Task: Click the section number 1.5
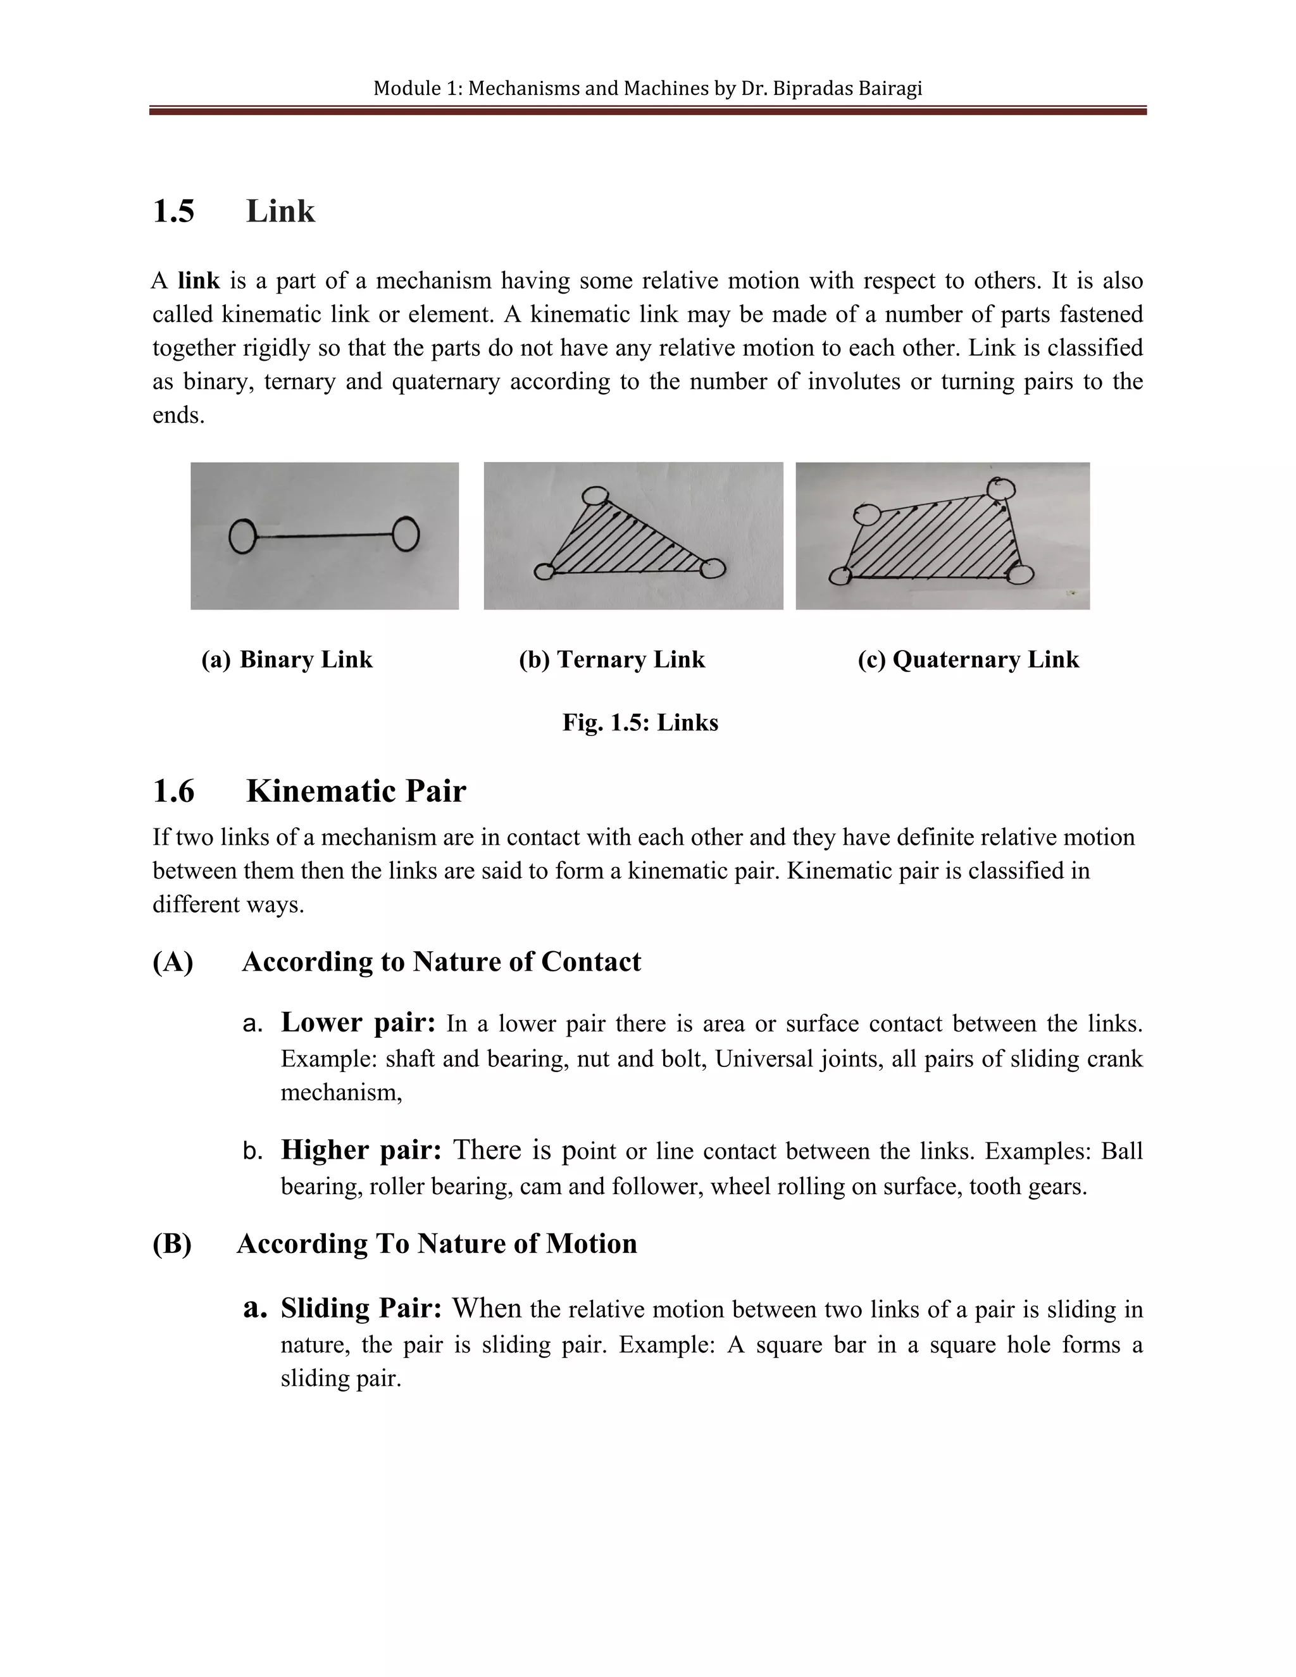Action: (173, 211)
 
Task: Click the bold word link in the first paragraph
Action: (199, 281)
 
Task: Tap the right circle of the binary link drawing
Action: (406, 533)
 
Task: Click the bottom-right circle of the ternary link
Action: (713, 569)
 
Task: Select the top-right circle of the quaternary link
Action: (1001, 487)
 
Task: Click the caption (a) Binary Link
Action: (287, 659)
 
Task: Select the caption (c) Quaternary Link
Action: (968, 659)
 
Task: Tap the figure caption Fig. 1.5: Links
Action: (640, 723)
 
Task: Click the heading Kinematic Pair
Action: (356, 791)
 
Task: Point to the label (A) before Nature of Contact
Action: (173, 962)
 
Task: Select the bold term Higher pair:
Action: (361, 1149)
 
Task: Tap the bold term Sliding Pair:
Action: (361, 1307)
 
